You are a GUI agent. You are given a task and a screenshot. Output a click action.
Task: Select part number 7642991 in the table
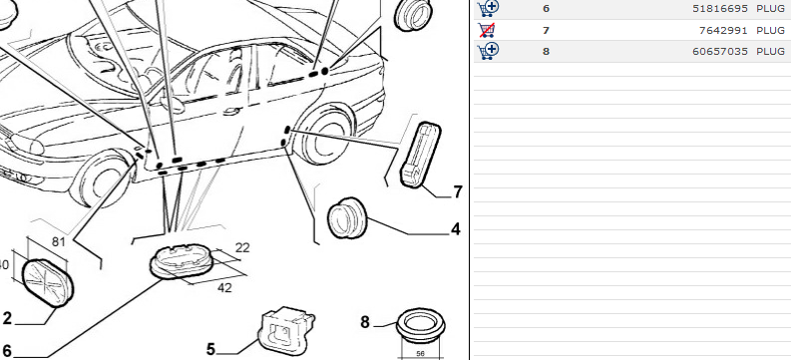[x=723, y=30]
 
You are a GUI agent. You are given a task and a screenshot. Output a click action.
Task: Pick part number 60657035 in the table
[x=720, y=52]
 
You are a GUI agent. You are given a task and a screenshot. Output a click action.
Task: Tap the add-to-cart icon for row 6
[x=488, y=9]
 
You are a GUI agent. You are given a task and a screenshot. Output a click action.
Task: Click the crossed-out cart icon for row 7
[x=487, y=30]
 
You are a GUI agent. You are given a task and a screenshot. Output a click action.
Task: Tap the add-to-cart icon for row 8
[x=488, y=52]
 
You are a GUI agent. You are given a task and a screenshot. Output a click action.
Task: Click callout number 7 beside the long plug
[x=458, y=192]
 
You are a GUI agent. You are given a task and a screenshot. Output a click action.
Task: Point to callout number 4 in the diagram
[x=456, y=229]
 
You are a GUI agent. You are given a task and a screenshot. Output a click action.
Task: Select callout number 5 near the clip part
[x=210, y=349]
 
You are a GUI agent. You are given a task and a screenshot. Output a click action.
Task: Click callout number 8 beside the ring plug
[x=365, y=322]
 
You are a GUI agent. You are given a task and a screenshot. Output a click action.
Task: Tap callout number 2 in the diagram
[x=7, y=319]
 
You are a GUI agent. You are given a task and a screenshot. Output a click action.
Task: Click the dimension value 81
[x=59, y=242]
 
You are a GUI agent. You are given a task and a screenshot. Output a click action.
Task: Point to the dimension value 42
[x=224, y=288]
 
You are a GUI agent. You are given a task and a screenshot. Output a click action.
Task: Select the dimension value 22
[x=242, y=248]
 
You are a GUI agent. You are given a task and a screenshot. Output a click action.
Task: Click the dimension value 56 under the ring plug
[x=420, y=353]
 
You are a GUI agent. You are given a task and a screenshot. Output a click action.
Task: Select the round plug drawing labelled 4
[x=347, y=217]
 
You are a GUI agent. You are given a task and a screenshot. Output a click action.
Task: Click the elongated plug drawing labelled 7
[x=420, y=155]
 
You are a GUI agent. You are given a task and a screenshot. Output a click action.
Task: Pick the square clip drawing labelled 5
[x=285, y=330]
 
